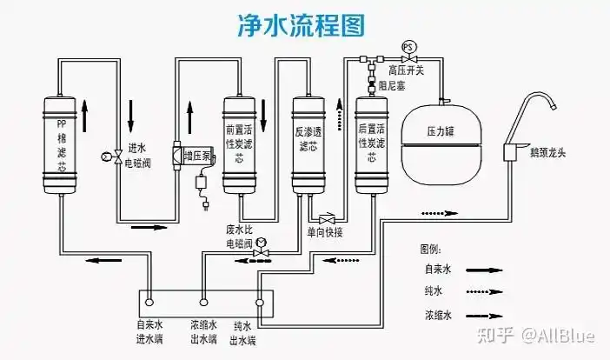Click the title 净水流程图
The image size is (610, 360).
pyautogui.click(x=302, y=25)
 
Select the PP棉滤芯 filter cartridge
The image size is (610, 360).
pyautogui.click(x=62, y=144)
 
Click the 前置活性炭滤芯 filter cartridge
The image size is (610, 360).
pyautogui.click(x=239, y=143)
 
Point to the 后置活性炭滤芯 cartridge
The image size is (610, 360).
pyautogui.click(x=371, y=143)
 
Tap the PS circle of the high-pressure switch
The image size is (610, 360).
pyautogui.click(x=407, y=44)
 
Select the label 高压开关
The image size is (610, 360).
pyautogui.click(x=407, y=70)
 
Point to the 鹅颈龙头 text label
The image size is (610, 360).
pyautogui.click(x=547, y=154)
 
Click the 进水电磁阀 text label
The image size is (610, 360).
pyautogui.click(x=139, y=155)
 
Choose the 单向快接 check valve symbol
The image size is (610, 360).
pyautogui.click(x=327, y=218)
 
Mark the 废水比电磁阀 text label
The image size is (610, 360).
pyautogui.click(x=239, y=237)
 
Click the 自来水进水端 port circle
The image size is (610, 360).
pyautogui.click(x=149, y=303)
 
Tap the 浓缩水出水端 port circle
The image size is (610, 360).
pyautogui.click(x=204, y=303)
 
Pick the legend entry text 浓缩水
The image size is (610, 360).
pyautogui.click(x=437, y=315)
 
